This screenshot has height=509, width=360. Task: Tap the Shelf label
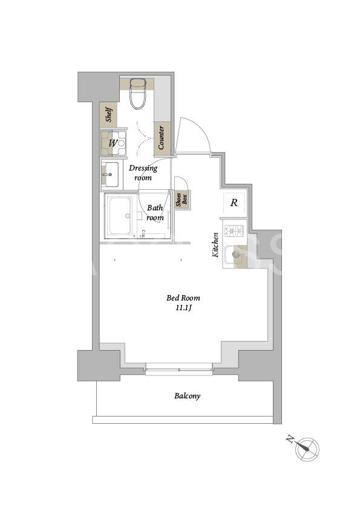(x=109, y=115)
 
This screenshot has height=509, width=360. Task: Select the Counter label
(x=162, y=138)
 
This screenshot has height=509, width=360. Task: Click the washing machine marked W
(x=113, y=143)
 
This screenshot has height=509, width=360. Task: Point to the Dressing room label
(x=143, y=173)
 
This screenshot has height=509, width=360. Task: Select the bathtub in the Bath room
(x=120, y=216)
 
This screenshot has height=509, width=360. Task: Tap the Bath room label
(x=155, y=213)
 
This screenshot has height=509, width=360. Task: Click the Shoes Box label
(x=182, y=200)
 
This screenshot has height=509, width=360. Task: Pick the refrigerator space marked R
(x=234, y=203)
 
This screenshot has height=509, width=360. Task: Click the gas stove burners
(x=235, y=231)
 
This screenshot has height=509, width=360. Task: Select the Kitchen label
(x=215, y=245)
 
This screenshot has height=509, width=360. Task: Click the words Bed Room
(x=183, y=297)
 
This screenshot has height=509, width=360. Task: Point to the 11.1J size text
(x=183, y=308)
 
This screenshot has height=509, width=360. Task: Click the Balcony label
(x=187, y=396)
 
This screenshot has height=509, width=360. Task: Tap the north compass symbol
(x=307, y=449)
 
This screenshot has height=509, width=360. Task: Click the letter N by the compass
(x=290, y=440)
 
